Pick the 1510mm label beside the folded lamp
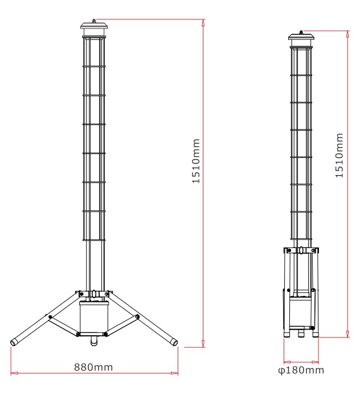(x=339, y=156)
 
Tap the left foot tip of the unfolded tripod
(x=14, y=343)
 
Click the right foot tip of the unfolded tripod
(x=174, y=343)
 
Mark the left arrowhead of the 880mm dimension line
(x=13, y=374)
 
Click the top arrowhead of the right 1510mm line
(x=347, y=32)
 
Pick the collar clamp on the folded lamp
(x=301, y=250)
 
